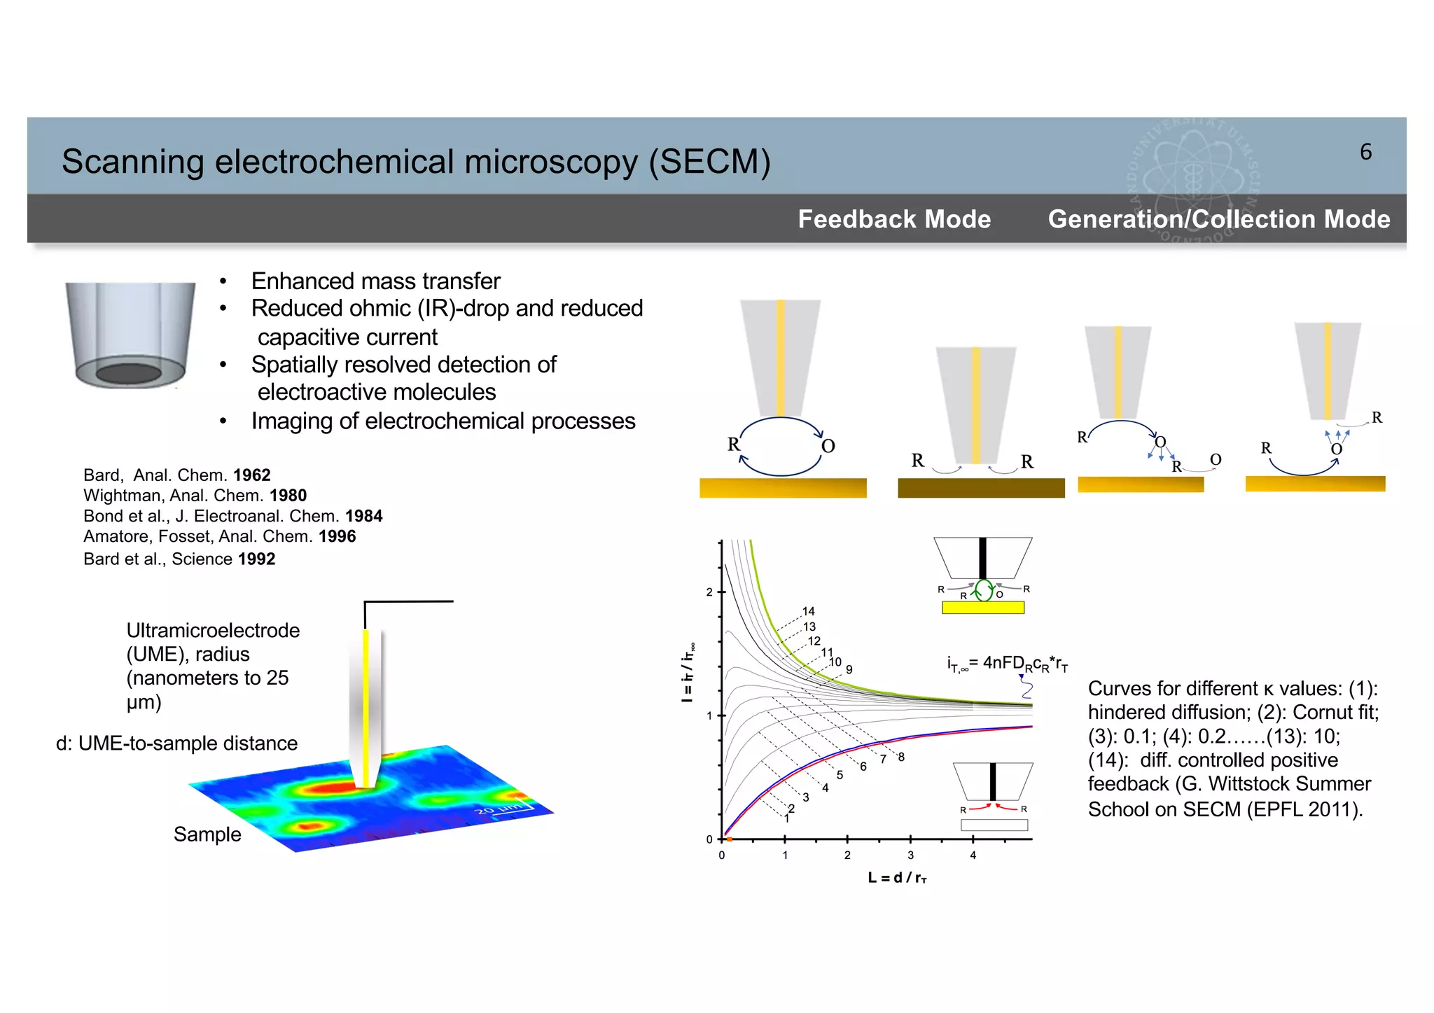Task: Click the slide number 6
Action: pos(1365,152)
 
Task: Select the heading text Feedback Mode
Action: pos(894,219)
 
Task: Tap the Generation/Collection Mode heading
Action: pos(1218,219)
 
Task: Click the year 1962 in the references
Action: pos(252,475)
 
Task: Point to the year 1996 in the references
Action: pos(337,537)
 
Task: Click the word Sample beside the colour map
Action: pos(207,834)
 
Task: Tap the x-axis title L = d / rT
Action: pos(897,878)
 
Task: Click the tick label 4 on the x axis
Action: pos(973,855)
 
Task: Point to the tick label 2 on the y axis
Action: pos(709,592)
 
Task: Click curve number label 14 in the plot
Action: pos(809,611)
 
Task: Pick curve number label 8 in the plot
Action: pos(901,757)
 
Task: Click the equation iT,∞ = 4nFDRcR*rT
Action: pos(1007,664)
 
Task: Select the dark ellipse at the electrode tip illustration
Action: pos(129,372)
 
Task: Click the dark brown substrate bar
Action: pos(981,488)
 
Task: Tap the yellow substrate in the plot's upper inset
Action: pos(983,608)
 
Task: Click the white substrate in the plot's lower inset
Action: pos(994,825)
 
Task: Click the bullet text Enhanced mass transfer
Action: pos(375,281)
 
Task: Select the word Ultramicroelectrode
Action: pos(213,631)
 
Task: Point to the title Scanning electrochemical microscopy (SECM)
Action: pos(416,162)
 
